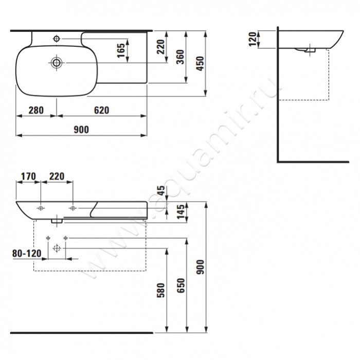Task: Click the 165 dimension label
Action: [x=121, y=51]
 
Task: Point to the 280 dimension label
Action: [x=35, y=111]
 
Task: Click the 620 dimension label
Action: [x=101, y=111]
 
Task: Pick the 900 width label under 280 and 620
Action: [x=81, y=130]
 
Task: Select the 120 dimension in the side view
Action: [x=253, y=39]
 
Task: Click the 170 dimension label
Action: [x=27, y=176]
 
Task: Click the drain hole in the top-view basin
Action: [x=56, y=63]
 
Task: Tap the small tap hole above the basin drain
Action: [x=56, y=38]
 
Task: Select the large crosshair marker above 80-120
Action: [x=57, y=248]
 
